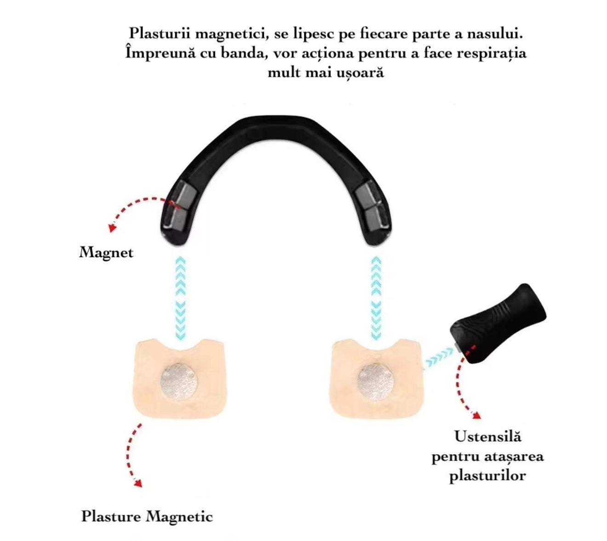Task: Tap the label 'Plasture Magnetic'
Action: [x=147, y=516]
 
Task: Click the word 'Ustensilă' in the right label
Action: [x=487, y=436]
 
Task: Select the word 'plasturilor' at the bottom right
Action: [x=487, y=475]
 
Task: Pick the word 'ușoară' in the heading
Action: [x=360, y=73]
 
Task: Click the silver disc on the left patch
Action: [x=179, y=383]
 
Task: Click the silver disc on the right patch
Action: [x=376, y=383]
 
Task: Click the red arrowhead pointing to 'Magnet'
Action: [x=112, y=228]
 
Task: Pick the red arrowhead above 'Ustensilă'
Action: [x=476, y=415]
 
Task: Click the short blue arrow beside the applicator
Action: [x=440, y=358]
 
